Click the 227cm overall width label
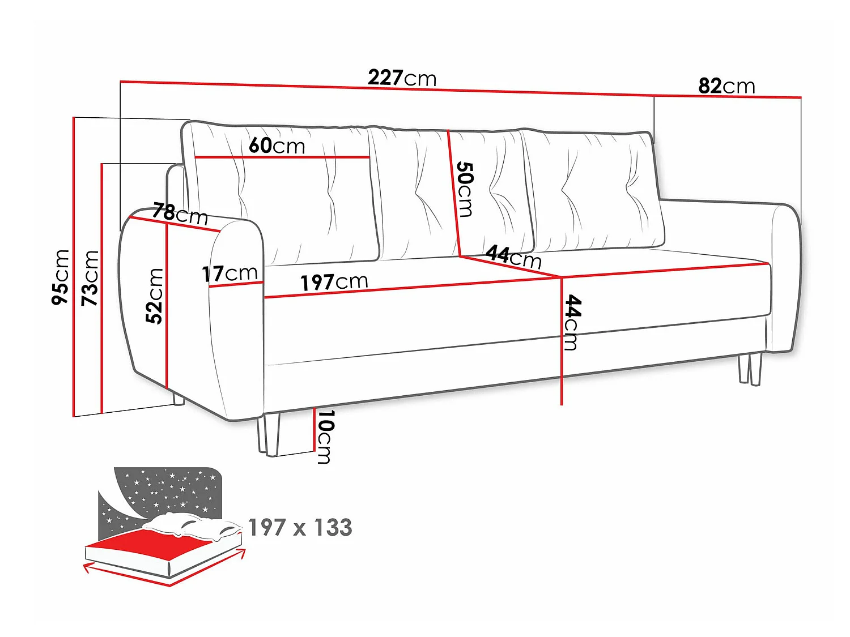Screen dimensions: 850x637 (x=402, y=78)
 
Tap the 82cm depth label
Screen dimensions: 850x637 (x=726, y=86)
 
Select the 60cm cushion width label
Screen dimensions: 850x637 (x=277, y=146)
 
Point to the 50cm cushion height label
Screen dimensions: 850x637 (x=465, y=189)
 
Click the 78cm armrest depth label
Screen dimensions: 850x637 (x=180, y=214)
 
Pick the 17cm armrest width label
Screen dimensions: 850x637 (x=229, y=274)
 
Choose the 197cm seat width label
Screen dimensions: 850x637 (x=334, y=283)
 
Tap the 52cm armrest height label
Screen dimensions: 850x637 (x=154, y=296)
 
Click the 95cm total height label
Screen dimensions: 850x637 (x=61, y=277)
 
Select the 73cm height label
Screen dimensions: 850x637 (x=90, y=278)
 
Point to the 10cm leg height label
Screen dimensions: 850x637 (x=325, y=437)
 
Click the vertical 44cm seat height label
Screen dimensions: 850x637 (x=572, y=323)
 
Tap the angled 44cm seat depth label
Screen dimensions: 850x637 (x=513, y=256)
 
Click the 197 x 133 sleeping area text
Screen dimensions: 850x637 (x=300, y=527)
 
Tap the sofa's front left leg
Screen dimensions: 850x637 (x=268, y=434)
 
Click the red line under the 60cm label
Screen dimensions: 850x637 (x=282, y=157)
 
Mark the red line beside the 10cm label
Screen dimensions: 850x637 (x=314, y=429)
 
